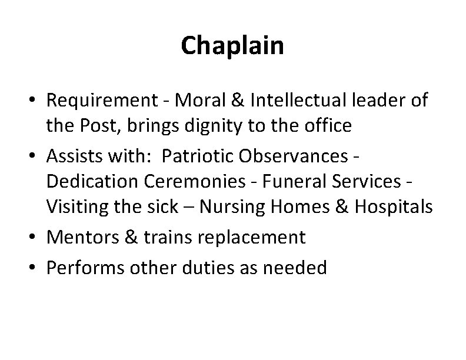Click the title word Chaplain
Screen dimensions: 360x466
tap(232, 46)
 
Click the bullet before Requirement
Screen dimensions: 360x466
tap(35, 102)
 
